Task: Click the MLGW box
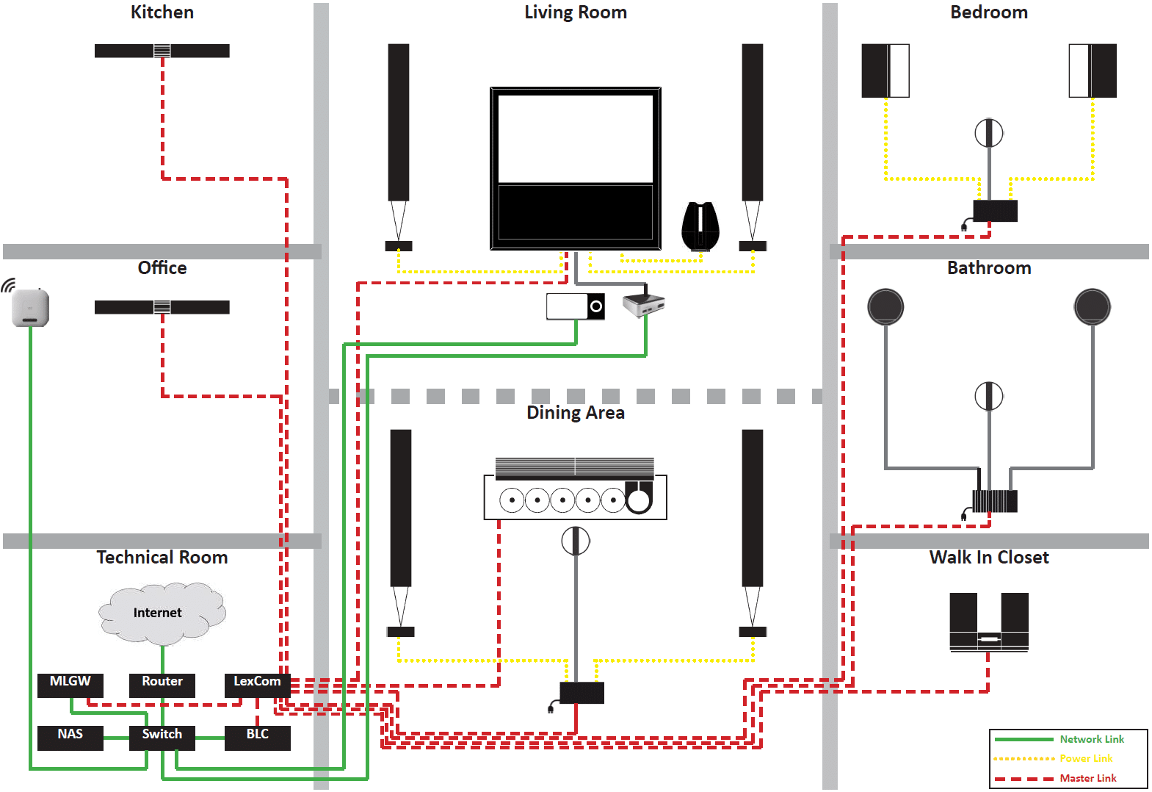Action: [x=70, y=685]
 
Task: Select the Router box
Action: [x=162, y=685]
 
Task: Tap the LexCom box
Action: [x=258, y=685]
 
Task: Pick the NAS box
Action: [x=70, y=738]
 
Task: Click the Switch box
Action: [x=162, y=738]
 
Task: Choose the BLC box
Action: [x=258, y=738]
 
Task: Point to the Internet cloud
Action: [x=162, y=613]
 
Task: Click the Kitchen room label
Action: [x=162, y=12]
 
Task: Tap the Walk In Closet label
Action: [x=989, y=558]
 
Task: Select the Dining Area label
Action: [x=576, y=413]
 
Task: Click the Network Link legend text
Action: [x=1092, y=739]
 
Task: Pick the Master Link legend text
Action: [x=1087, y=778]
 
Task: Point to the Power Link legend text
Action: [x=1086, y=758]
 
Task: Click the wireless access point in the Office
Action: [x=30, y=308]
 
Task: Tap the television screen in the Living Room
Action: [x=576, y=169]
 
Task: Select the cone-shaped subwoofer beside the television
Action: [x=700, y=226]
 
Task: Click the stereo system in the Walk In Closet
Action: [x=989, y=623]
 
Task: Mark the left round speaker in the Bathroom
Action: [x=885, y=306]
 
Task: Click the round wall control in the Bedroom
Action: [x=989, y=133]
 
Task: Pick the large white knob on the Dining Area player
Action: [x=639, y=500]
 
